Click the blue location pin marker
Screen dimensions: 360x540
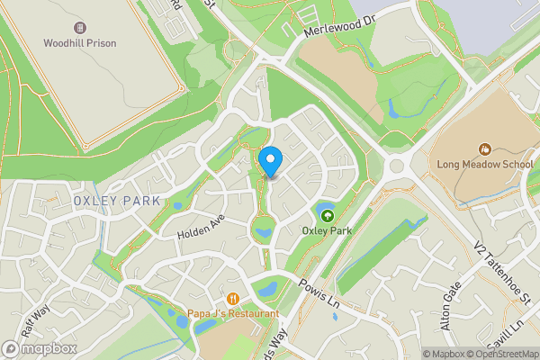[x=270, y=162]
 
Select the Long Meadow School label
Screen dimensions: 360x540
[x=485, y=165]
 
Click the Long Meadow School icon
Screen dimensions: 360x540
[x=485, y=148]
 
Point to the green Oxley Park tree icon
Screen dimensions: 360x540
[x=326, y=214]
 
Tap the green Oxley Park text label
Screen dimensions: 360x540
[x=326, y=230]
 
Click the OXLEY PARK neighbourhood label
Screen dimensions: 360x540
[x=117, y=200]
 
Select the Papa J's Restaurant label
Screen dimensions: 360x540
[x=233, y=313]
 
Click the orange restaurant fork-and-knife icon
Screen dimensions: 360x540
[x=233, y=299]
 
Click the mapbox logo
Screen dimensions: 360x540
[x=40, y=348]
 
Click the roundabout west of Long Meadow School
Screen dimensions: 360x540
[x=397, y=165]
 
